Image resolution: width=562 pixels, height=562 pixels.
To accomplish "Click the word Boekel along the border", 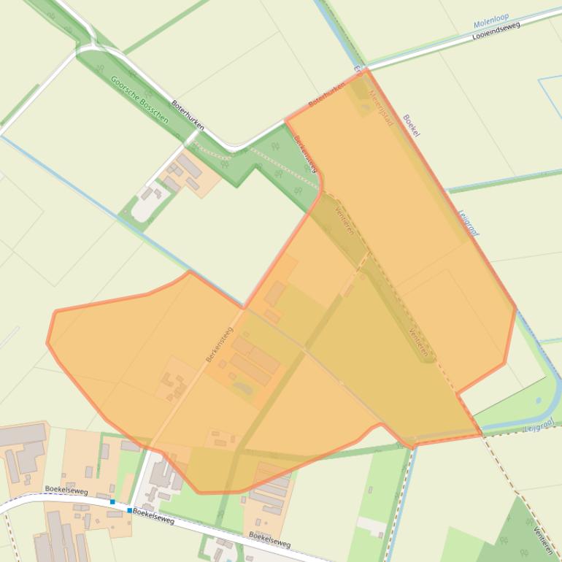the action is pyautogui.click(x=412, y=125).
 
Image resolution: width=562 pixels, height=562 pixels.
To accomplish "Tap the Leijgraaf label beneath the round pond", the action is pyautogui.click(x=538, y=425).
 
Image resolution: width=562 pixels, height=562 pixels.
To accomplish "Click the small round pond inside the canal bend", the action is pyautogui.click(x=539, y=401).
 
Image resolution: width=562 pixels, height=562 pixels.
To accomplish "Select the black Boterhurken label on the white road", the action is pyautogui.click(x=188, y=115).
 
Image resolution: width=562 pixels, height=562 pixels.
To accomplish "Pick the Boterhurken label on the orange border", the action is pyautogui.click(x=326, y=95).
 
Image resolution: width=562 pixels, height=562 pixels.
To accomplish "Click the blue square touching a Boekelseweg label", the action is pyautogui.click(x=130, y=510).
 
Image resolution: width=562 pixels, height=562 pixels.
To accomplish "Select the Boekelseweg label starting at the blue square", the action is pyautogui.click(x=154, y=517).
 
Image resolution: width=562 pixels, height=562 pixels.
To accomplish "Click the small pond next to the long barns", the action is pyautogui.click(x=243, y=388).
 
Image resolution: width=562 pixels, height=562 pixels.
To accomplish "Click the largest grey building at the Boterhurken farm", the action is pyautogui.click(x=188, y=168).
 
